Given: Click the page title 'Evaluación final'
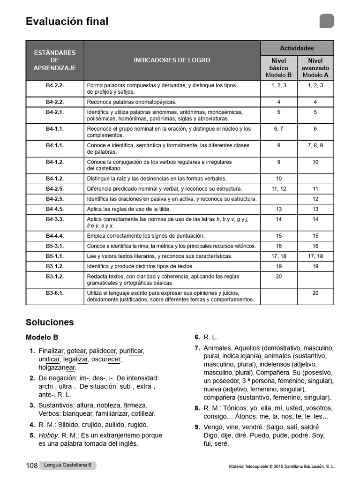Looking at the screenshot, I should [x=67, y=22].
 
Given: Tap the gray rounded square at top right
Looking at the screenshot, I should [x=327, y=21].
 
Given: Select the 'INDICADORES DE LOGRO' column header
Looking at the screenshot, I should [x=172, y=60].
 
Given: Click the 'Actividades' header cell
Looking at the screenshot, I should [x=297, y=48].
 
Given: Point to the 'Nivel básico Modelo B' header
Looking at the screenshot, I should [x=278, y=68].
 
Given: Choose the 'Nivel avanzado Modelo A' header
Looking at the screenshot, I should [x=315, y=68].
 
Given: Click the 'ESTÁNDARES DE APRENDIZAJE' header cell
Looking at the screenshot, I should [x=55, y=60].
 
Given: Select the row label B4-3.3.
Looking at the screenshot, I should [x=55, y=219].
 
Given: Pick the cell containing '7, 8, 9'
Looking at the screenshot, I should [x=315, y=146].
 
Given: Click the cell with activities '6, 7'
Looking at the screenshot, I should [x=278, y=129].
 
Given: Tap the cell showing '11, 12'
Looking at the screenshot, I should [x=278, y=189].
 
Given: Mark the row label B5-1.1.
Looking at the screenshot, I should [x=55, y=256].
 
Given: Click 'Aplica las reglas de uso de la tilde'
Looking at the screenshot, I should [x=129, y=209].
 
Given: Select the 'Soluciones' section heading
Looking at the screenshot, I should [x=50, y=322].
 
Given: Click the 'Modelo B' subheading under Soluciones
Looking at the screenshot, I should [x=42, y=337].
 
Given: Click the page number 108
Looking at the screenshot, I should [x=31, y=465].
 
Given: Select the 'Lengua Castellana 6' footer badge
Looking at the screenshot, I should [x=67, y=465].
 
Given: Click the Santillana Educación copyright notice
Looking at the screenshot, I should [x=282, y=467].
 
